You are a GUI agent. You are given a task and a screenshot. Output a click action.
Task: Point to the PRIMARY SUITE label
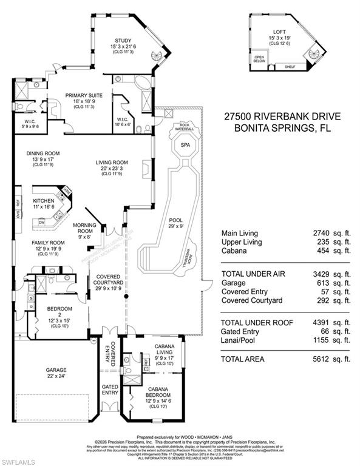point(84,95)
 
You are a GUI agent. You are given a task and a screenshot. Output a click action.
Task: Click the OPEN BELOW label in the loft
point(260,59)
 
